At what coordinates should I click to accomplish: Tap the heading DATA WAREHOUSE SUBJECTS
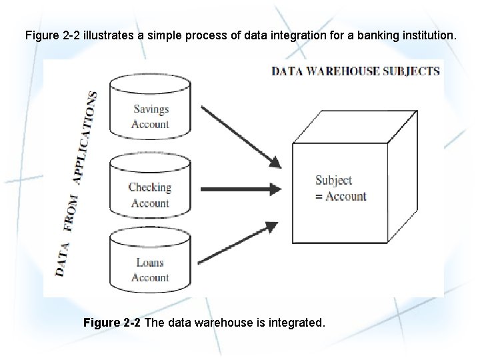point(355,71)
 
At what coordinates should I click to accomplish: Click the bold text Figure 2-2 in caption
point(112,323)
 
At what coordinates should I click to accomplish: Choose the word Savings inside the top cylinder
point(151,109)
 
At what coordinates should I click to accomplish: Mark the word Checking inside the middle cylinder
point(150,187)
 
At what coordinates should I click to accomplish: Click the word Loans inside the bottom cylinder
point(150,262)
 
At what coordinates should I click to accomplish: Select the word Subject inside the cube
point(333,180)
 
